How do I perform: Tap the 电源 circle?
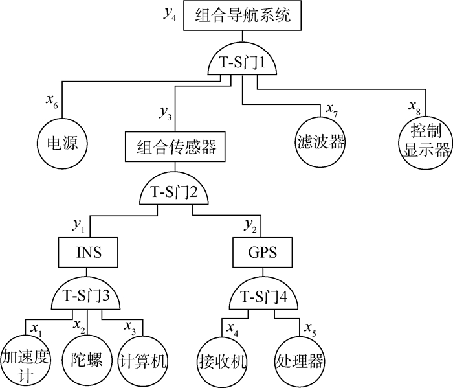click(61, 143)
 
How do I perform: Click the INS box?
click(88, 251)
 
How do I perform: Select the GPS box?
click(263, 251)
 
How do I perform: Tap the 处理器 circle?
click(300, 360)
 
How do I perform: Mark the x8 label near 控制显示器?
click(414, 106)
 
